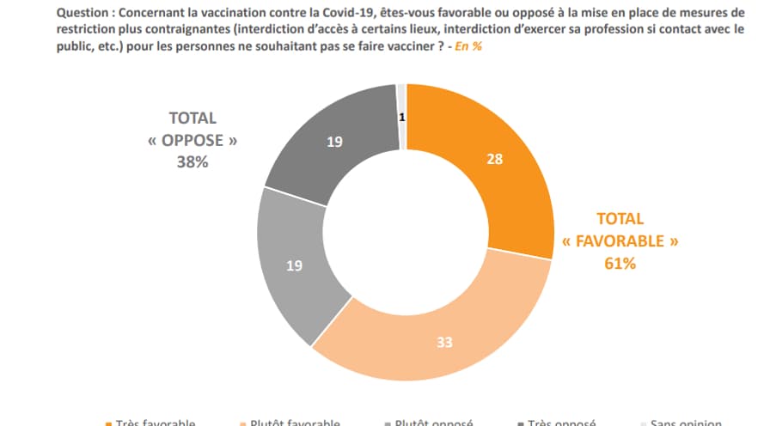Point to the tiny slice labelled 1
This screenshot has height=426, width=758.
pos(401,116)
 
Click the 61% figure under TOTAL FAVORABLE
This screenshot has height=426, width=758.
pos(620,264)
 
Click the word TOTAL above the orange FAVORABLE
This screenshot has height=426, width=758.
pos(620,219)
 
